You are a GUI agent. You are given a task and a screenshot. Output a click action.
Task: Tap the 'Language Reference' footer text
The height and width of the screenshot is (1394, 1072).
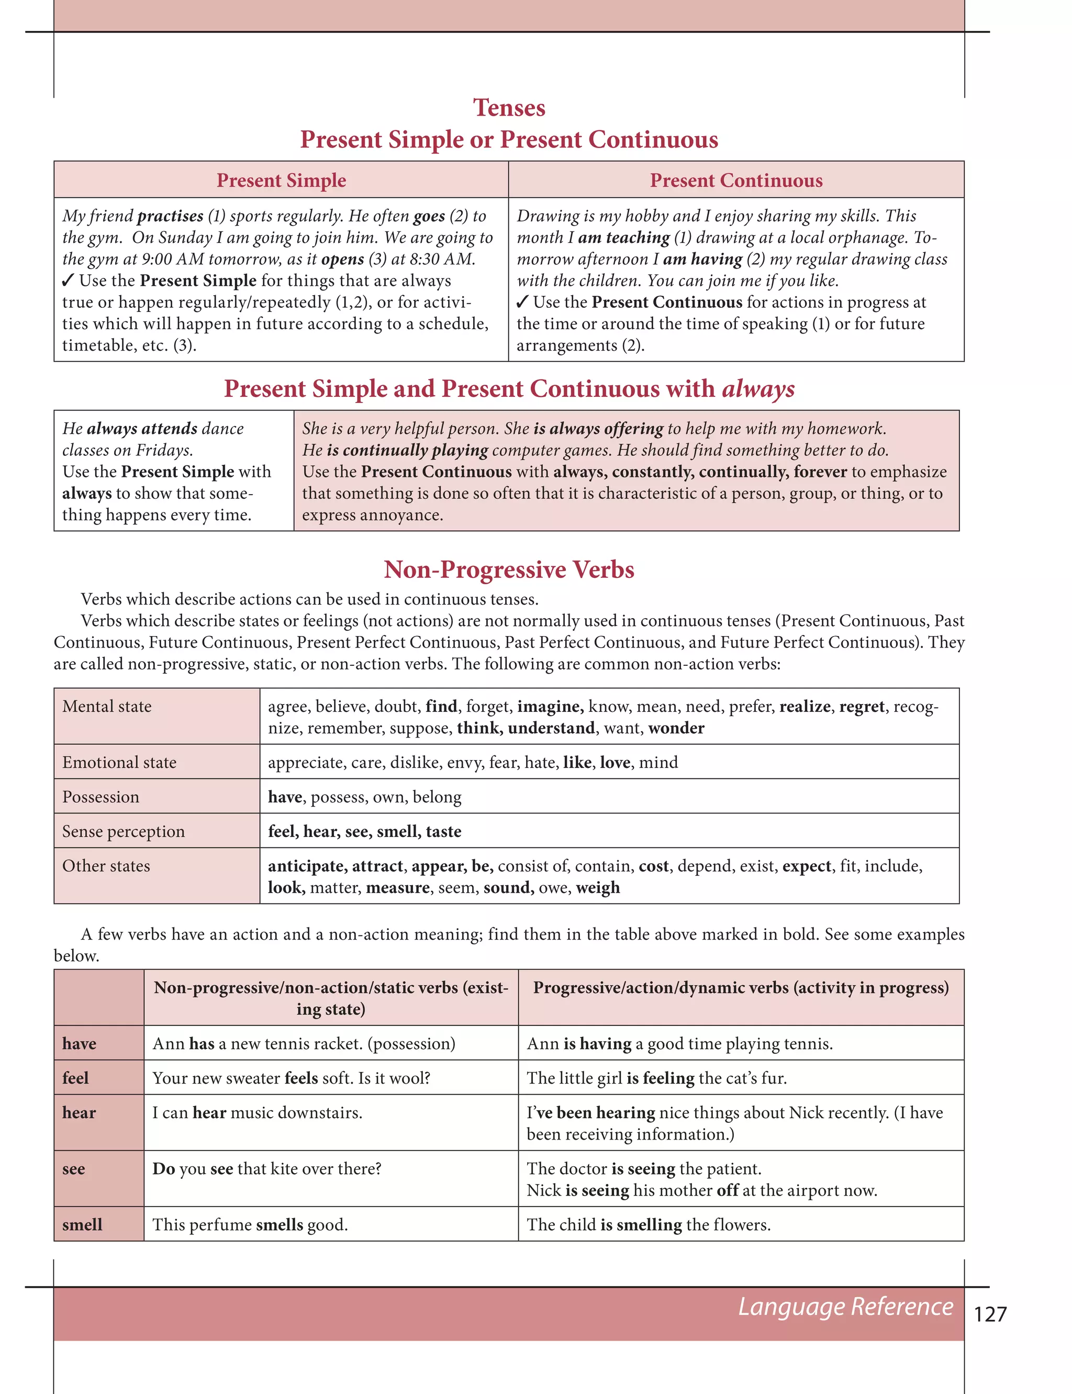(x=845, y=1306)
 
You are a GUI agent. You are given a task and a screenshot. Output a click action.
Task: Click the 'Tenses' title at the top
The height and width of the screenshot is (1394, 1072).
(x=509, y=108)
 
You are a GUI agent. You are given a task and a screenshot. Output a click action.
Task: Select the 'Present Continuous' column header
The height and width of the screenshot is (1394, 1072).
(x=736, y=181)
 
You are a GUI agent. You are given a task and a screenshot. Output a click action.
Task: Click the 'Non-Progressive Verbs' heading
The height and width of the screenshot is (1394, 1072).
(x=509, y=569)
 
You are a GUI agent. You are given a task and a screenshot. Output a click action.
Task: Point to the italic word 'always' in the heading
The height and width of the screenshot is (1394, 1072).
(x=758, y=388)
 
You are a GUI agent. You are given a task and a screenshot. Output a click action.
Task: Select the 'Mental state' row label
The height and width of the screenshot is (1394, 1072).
(x=107, y=706)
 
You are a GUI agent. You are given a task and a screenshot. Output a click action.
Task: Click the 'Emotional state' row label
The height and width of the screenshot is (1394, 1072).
(x=119, y=762)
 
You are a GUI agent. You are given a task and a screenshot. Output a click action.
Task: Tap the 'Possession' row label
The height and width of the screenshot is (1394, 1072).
(x=100, y=797)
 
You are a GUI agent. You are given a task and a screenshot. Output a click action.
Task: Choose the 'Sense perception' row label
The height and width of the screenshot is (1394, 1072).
(x=123, y=831)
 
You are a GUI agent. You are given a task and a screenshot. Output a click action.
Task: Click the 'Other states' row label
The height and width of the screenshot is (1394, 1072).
(x=106, y=866)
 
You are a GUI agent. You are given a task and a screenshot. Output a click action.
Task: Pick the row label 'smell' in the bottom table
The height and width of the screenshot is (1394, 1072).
(x=82, y=1224)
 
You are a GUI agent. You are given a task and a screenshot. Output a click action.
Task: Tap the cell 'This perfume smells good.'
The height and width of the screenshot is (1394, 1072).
(x=250, y=1224)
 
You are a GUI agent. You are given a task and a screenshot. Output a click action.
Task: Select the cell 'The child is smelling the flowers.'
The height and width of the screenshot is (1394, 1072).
(x=649, y=1224)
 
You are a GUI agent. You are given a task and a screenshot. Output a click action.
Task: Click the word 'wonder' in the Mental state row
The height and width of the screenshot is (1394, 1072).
(x=676, y=728)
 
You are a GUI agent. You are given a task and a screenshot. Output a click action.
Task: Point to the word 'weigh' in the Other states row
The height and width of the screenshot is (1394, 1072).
(x=597, y=887)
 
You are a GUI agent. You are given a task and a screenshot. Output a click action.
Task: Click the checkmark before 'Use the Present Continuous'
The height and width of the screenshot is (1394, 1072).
(x=522, y=302)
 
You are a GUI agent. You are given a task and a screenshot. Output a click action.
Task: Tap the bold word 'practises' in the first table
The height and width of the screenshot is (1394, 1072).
(x=170, y=216)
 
